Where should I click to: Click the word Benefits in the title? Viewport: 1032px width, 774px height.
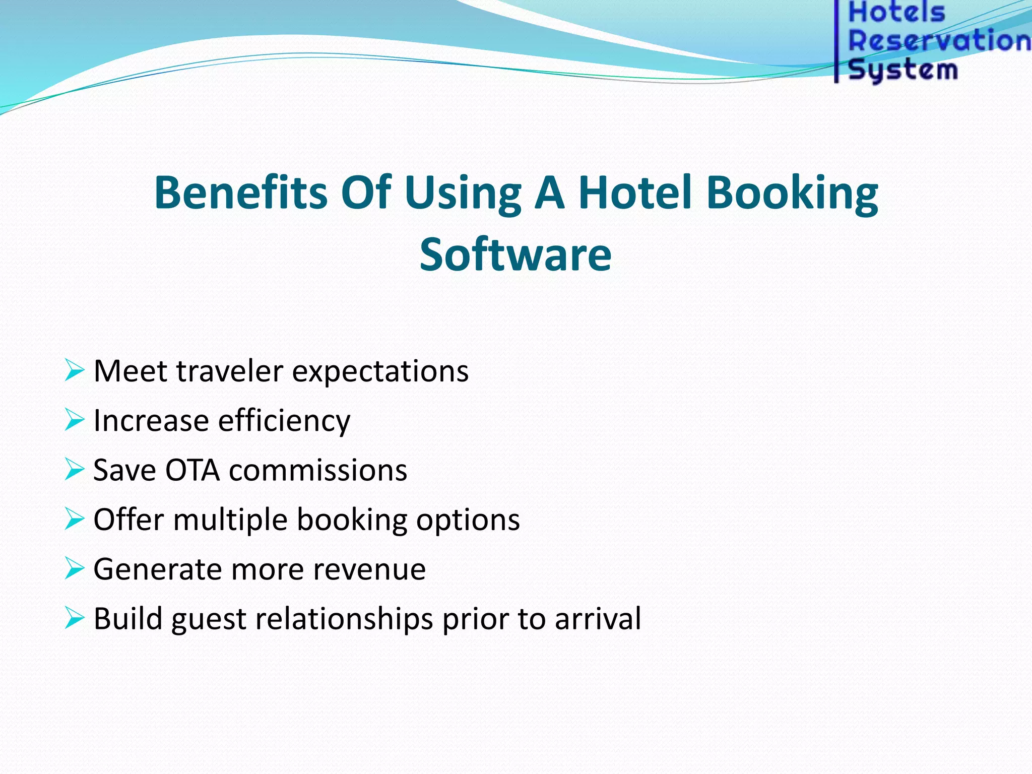pyautogui.click(x=241, y=192)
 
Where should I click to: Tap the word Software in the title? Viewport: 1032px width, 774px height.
pyautogui.click(x=515, y=255)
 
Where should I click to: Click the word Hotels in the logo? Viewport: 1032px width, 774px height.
pyautogui.click(x=896, y=13)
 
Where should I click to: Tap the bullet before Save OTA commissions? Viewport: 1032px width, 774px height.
pyautogui.click(x=74, y=470)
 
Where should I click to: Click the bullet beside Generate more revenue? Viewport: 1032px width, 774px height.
pyautogui.click(x=74, y=569)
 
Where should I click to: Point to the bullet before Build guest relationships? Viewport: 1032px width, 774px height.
pyautogui.click(x=74, y=618)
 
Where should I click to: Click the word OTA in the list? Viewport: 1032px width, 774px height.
pyautogui.click(x=192, y=470)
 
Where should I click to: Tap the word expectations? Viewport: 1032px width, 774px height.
pyautogui.click(x=380, y=372)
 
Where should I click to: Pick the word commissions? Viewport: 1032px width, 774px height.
pyautogui.click(x=318, y=470)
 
